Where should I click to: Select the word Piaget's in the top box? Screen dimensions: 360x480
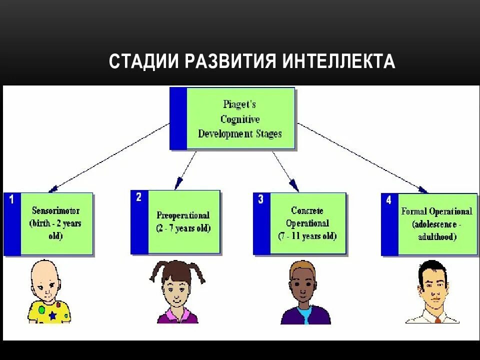click(239, 105)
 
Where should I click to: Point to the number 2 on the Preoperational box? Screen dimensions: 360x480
click(139, 197)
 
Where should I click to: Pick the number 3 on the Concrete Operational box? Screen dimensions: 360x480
click(260, 200)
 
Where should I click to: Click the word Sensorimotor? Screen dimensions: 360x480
click(55, 211)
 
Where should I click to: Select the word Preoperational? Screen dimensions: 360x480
click(183, 215)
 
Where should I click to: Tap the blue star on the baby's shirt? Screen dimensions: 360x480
click(52, 316)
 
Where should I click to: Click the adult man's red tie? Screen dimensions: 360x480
click(438, 319)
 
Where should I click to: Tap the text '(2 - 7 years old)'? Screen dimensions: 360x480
click(183, 228)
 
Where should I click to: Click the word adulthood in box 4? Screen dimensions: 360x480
click(437, 237)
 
